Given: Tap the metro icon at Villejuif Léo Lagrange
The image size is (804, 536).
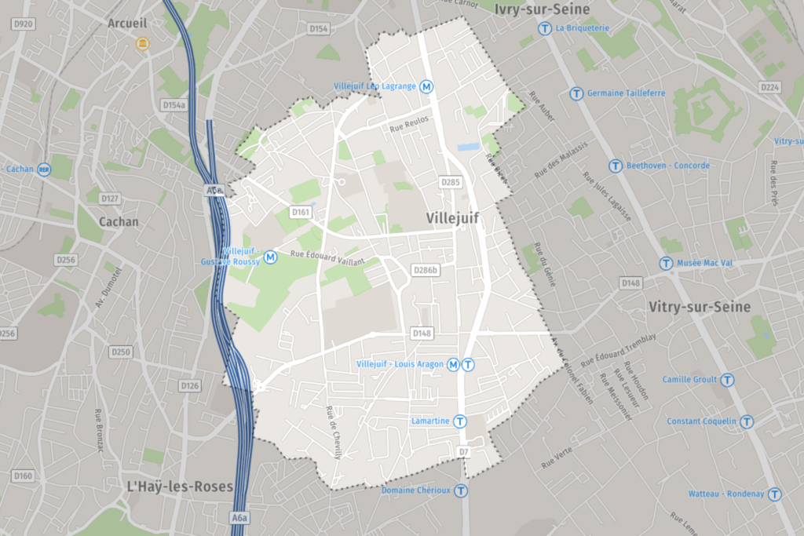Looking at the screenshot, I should click(427, 86).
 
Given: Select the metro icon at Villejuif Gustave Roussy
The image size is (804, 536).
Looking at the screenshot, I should click(271, 256).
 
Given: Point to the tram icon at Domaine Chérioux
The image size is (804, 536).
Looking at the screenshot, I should click(461, 490).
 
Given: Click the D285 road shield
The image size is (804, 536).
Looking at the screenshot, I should click(449, 182).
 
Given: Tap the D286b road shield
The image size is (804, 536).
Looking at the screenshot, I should click(425, 271).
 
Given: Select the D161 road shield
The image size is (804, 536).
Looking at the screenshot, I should click(300, 212).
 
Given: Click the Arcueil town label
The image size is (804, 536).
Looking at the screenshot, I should click(127, 24).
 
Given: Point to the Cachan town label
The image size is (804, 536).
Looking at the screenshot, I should click(119, 222).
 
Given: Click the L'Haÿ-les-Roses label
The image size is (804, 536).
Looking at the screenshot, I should click(180, 487).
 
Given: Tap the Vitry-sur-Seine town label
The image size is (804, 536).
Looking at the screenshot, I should click(700, 307).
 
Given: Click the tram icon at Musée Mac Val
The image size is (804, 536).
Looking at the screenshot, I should click(666, 263).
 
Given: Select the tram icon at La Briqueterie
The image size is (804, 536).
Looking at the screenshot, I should click(545, 28).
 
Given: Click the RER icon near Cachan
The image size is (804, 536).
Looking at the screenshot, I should click(45, 169).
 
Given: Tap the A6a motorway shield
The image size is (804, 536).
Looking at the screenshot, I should click(239, 518).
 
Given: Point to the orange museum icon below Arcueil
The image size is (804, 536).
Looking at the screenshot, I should click(142, 43).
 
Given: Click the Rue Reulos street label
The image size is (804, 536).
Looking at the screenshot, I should click(409, 127).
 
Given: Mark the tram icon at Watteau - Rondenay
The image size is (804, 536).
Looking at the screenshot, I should click(775, 494).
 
